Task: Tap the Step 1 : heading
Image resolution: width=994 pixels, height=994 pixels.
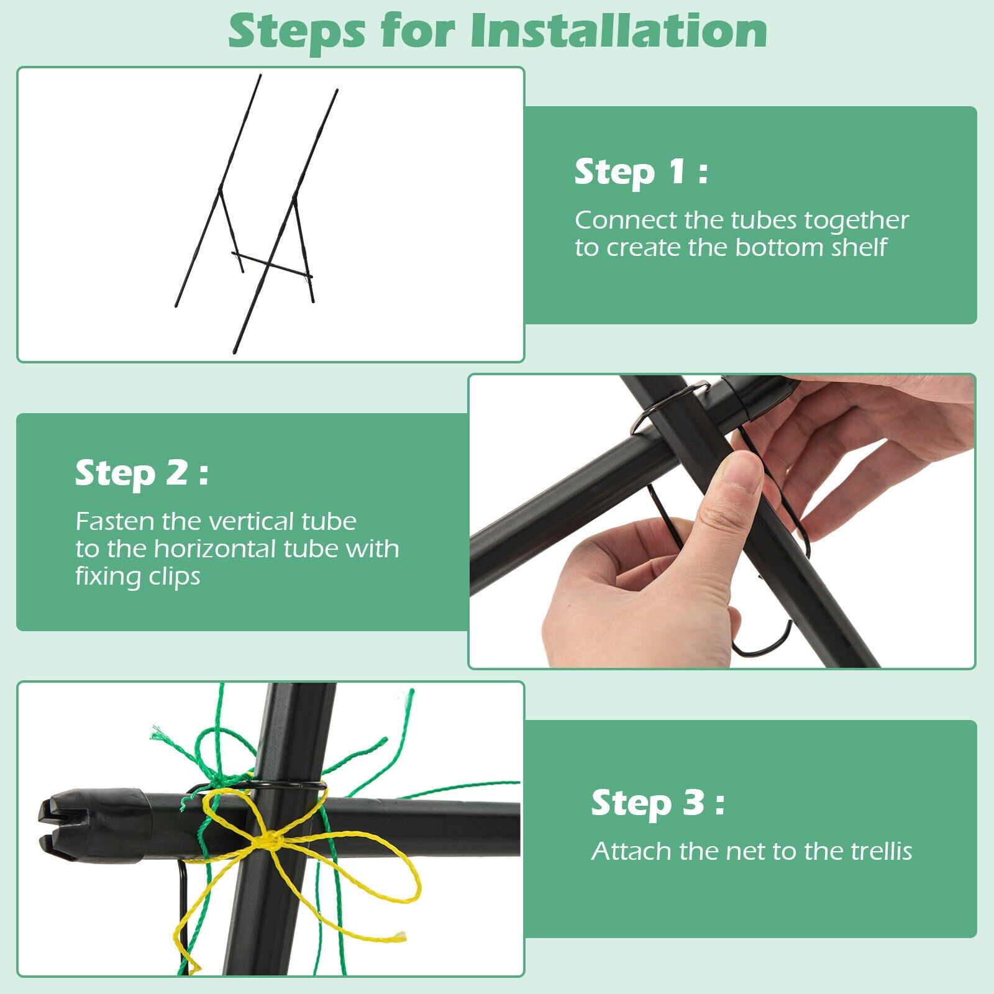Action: coord(641,171)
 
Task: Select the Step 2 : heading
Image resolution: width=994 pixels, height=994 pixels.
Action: coord(142,473)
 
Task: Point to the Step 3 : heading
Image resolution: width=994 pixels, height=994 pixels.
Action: coord(658,803)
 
